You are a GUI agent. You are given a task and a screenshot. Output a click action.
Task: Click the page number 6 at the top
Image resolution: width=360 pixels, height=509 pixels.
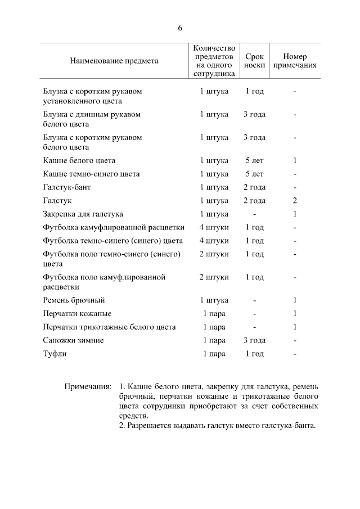[180, 28]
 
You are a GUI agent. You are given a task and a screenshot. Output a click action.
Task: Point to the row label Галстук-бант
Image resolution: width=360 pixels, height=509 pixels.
[66, 187]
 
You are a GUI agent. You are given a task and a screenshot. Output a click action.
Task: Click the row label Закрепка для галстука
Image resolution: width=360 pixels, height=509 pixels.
[83, 214]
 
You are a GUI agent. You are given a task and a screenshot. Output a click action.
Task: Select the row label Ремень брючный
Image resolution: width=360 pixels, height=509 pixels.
[74, 300]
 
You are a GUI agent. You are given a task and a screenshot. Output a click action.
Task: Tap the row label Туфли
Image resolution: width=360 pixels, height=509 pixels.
[55, 354]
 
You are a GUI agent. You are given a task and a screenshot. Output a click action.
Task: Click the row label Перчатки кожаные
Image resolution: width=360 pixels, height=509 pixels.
[77, 314]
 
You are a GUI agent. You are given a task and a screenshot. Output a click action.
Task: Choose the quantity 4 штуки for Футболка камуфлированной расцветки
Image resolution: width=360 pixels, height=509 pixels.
[214, 228]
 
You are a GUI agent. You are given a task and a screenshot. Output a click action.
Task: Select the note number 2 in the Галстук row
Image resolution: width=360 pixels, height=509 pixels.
[295, 201]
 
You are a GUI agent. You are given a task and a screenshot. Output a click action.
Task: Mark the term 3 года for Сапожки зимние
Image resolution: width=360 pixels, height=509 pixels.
[254, 340]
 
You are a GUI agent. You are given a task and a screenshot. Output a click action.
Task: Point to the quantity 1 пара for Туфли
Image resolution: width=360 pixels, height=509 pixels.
[214, 354]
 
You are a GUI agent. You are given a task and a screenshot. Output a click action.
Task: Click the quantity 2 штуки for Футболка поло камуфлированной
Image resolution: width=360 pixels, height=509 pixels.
[214, 277]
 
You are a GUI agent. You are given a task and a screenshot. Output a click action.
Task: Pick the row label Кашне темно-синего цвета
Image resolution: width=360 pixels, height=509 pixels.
[92, 174]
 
